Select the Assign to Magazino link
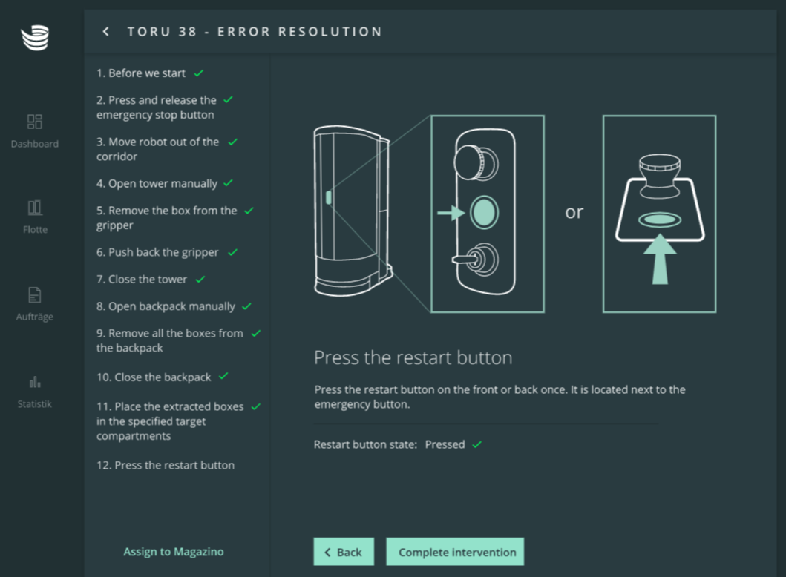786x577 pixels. pos(174,552)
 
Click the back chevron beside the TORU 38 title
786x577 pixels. pos(106,32)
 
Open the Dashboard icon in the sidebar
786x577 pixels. pos(35,122)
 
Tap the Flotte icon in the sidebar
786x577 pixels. pos(35,208)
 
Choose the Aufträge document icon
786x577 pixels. pos(35,295)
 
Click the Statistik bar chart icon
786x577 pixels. pos(35,382)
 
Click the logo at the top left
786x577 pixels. pos(35,38)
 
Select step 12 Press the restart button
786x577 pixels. pos(166,465)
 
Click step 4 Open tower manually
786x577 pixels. pos(157,184)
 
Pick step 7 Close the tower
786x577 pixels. pos(141,280)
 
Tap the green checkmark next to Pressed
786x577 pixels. pos(476,444)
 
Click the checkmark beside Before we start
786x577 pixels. pos(198,73)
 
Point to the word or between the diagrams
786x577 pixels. pos(574,212)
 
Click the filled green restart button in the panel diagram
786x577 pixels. pos(484,212)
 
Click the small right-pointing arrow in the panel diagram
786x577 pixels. pos(451,213)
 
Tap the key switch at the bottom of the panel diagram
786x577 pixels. pos(476,259)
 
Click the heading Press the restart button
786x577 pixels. pos(413,357)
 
